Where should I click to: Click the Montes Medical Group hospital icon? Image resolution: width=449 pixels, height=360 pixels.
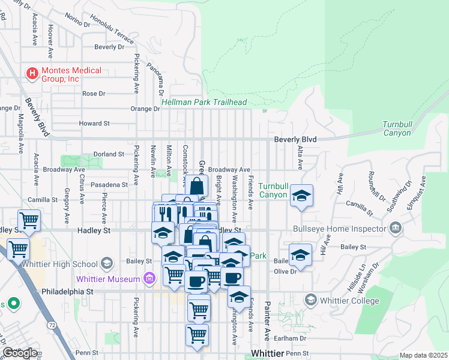[32, 74]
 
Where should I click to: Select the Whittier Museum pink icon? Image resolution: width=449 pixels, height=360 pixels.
[149, 278]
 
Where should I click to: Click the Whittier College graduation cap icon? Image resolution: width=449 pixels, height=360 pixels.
[310, 299]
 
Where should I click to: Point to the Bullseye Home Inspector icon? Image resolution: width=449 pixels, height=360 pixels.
[395, 228]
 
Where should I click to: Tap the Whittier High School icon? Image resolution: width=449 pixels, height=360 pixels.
[106, 263]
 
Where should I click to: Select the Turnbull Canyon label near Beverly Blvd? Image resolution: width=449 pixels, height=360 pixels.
[398, 128]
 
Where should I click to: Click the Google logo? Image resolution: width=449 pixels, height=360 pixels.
[20, 353]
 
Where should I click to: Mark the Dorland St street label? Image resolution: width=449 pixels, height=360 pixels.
[108, 154]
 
